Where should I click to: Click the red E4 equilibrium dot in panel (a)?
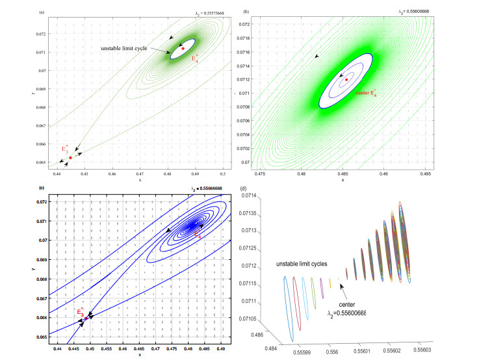(x=183, y=49)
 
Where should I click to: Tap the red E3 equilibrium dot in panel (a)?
(x=70, y=158)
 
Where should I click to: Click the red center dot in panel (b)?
(x=346, y=80)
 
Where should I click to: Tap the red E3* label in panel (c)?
(x=81, y=313)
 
